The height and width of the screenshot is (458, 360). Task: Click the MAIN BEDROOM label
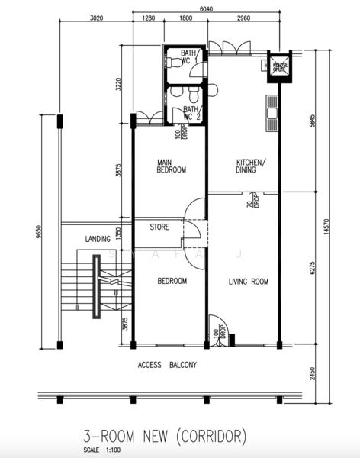172,166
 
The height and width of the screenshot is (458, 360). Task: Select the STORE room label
159,227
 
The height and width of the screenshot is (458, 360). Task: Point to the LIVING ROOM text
249,282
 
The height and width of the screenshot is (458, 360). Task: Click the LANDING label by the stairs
98,238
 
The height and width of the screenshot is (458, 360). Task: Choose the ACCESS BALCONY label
167,366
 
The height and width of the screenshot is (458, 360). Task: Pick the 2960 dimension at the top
243,18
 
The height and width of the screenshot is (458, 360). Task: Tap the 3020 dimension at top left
96,18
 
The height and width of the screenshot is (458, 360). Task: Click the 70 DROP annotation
249,201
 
